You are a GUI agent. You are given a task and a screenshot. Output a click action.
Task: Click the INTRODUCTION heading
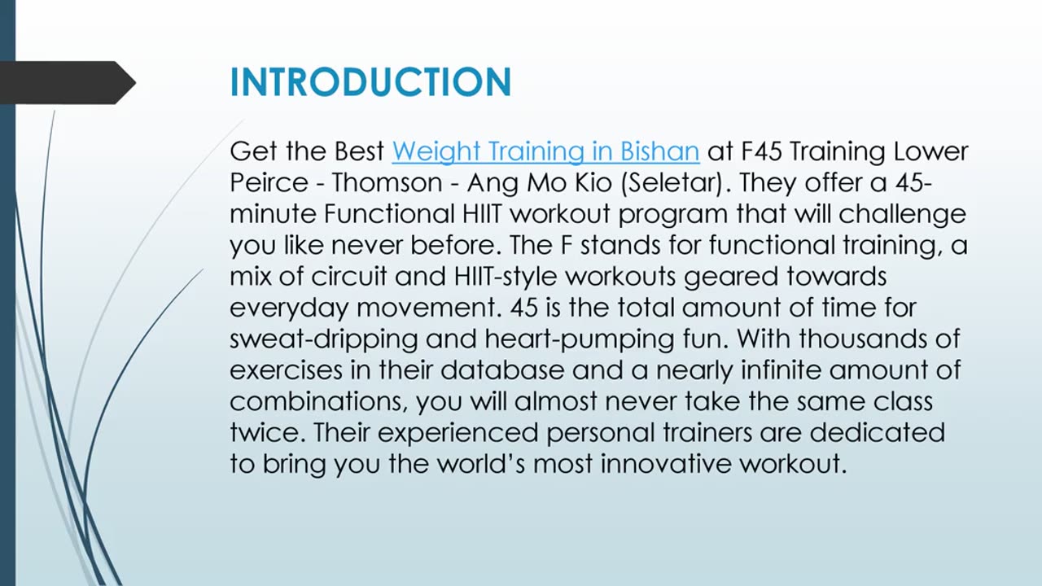[370, 83]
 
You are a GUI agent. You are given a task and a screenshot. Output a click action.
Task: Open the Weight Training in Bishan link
[545, 151]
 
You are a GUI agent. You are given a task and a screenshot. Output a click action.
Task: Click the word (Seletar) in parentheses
[672, 183]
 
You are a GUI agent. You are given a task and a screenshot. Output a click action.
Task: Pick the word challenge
[903, 214]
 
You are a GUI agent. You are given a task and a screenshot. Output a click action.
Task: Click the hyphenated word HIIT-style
[505, 277]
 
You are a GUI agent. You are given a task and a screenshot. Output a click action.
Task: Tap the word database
[502, 370]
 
